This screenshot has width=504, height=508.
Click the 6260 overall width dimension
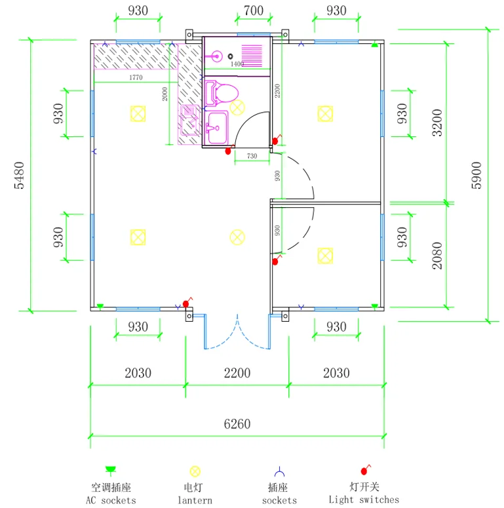[x=237, y=423]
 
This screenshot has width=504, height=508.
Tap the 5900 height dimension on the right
[x=476, y=175]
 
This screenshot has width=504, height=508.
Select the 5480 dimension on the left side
[x=20, y=175]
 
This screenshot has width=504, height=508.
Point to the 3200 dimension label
[x=437, y=123]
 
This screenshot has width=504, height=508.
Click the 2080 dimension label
[x=437, y=256]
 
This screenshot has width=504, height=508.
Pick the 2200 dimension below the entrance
[x=237, y=373]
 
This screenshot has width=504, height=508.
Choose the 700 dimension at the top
[x=253, y=10]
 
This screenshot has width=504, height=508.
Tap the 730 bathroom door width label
[x=252, y=156]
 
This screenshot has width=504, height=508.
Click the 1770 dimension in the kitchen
[x=136, y=77]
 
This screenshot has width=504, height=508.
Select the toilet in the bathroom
[x=222, y=93]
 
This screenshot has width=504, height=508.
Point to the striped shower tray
[x=252, y=56]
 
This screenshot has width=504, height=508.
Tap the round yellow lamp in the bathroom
[x=237, y=107]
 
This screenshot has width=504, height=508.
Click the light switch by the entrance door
[x=187, y=303]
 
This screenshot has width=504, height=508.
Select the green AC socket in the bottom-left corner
[x=100, y=306]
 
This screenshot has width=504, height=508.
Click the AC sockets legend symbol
[x=111, y=470]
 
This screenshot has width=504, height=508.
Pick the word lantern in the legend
[x=195, y=500]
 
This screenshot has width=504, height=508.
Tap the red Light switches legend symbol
[x=365, y=469]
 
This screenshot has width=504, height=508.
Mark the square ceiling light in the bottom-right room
[x=325, y=256]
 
